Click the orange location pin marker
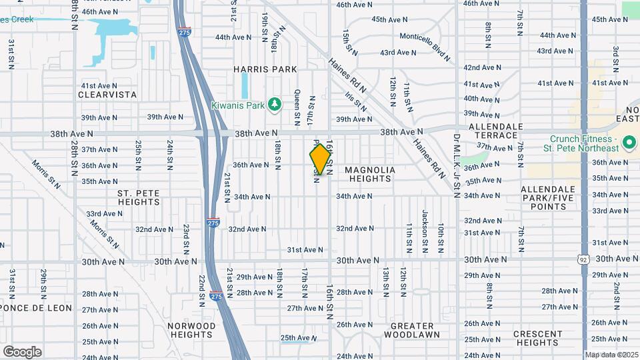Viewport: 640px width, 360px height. click(x=320, y=159)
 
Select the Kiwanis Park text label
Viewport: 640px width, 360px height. click(x=238, y=105)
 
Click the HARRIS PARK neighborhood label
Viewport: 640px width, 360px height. click(x=265, y=69)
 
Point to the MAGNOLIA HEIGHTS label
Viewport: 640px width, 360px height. click(x=370, y=175)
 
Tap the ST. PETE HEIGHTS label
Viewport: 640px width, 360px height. click(x=138, y=197)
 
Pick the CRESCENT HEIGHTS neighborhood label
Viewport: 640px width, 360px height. click(x=537, y=338)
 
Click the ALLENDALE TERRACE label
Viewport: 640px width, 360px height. click(x=493, y=131)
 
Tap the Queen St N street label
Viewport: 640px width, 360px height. click(x=297, y=107)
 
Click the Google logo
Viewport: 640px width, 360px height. click(x=22, y=351)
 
